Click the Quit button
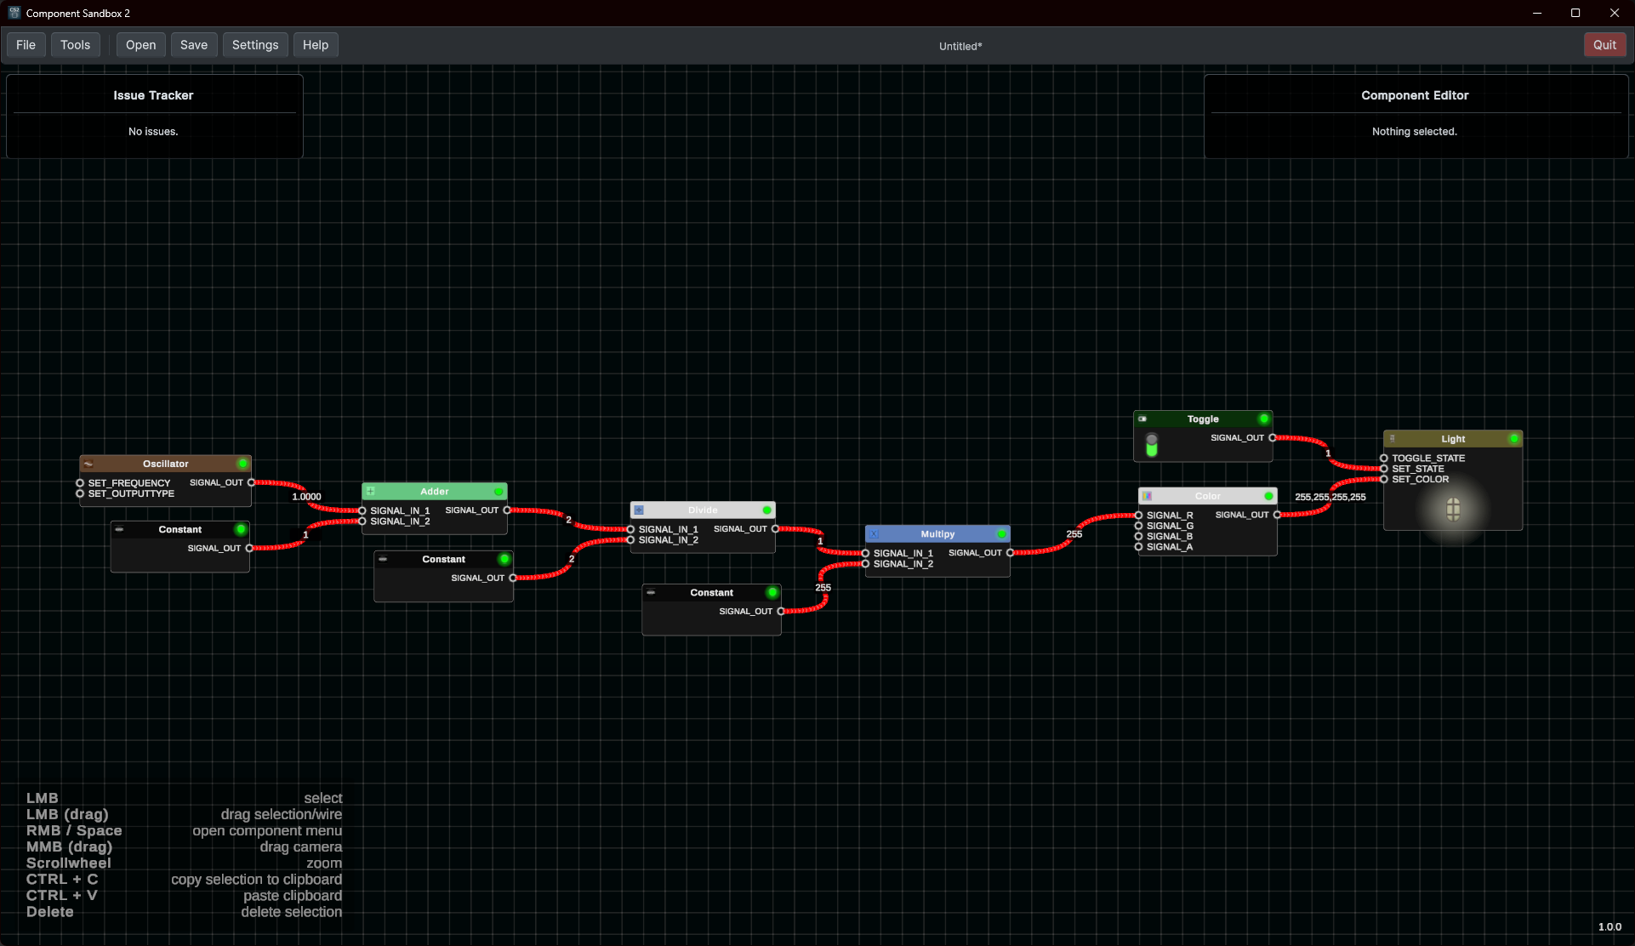(x=1604, y=45)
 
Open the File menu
(x=26, y=45)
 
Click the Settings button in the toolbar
(x=254, y=45)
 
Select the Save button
(x=193, y=45)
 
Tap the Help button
(x=315, y=45)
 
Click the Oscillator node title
(x=165, y=464)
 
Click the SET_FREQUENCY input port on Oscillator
(x=80, y=483)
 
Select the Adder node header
(x=434, y=492)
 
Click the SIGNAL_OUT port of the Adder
(x=507, y=510)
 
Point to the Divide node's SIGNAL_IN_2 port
(x=630, y=540)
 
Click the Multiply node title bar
(x=937, y=534)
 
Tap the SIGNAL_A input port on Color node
(x=1138, y=547)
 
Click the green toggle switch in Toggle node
(x=1151, y=445)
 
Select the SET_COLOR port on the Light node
(x=1384, y=480)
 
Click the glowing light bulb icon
(x=1453, y=510)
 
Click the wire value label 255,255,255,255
(x=1330, y=497)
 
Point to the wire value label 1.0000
(x=306, y=497)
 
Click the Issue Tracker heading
(x=153, y=95)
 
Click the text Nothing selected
(x=1414, y=132)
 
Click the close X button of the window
(x=1614, y=13)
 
